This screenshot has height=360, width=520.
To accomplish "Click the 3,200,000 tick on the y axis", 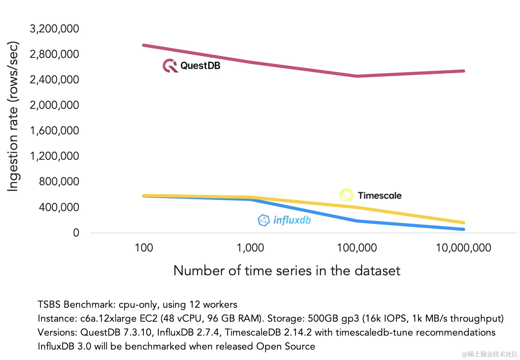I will (54, 29).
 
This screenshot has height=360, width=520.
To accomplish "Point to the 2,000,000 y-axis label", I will (54, 105).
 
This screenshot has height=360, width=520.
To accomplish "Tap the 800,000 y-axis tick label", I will (59, 181).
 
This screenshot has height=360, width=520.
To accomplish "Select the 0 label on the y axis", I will (76, 233).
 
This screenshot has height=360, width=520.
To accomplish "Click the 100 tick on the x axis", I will (144, 248).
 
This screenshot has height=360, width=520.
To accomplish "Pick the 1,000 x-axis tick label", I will (250, 248).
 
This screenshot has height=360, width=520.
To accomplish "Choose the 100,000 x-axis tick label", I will (357, 248).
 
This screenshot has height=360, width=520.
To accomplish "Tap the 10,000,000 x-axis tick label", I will (463, 248).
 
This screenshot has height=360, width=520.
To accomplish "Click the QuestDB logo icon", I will (170, 66).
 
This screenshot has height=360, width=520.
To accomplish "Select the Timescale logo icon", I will (347, 195).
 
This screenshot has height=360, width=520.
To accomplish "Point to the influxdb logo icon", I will (264, 220).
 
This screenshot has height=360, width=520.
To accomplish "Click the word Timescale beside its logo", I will (380, 195).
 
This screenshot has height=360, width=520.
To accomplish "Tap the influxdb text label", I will (292, 220).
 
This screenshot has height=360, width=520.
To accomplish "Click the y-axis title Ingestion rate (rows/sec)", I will (13, 116).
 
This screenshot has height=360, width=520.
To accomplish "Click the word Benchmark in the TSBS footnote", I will (89, 305).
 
